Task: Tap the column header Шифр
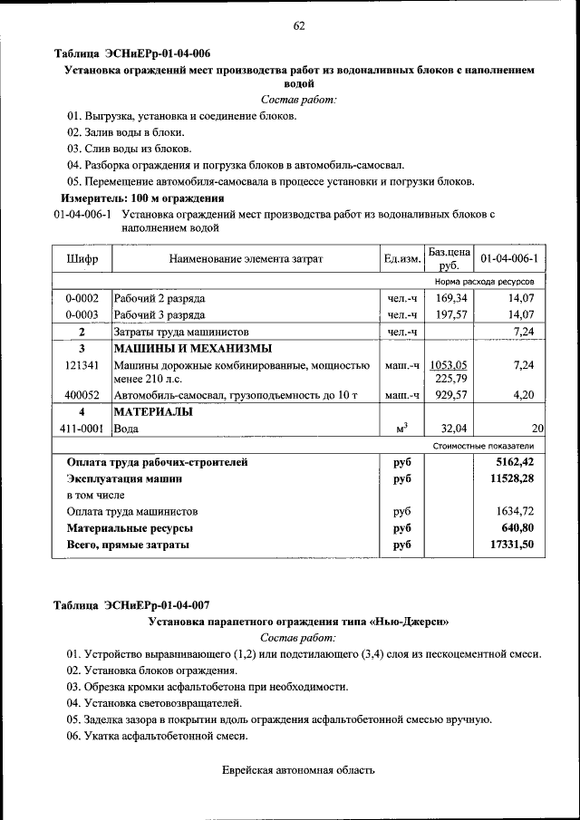pos(82,259)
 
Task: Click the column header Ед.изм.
pos(402,259)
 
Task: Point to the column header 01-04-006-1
pos(508,259)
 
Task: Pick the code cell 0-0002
pos(82,298)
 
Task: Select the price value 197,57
pos(450,314)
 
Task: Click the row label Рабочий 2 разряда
pos(159,298)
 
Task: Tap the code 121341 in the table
pos(82,364)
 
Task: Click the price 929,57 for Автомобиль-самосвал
pos(450,396)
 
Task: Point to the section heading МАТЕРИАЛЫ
pos(152,412)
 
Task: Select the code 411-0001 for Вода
pos(82,429)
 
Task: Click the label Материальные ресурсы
pos(130,527)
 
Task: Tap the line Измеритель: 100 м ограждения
pos(142,198)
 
